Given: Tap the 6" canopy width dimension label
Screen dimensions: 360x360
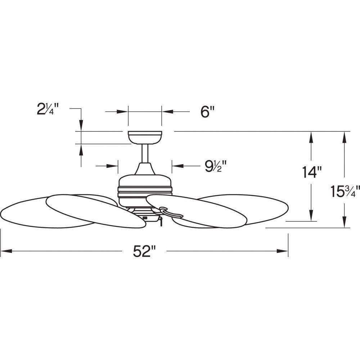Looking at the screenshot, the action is tap(207, 112).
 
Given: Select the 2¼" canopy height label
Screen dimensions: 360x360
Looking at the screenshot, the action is tap(48, 109).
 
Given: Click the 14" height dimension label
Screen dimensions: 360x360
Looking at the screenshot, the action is tap(311, 172).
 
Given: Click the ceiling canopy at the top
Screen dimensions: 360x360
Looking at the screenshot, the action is tap(145, 138).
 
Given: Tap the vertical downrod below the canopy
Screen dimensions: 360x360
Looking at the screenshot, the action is tap(145, 153).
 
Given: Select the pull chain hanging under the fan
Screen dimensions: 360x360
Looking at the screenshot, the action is tap(161, 221).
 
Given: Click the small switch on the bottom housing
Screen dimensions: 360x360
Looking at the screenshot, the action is tap(145, 218).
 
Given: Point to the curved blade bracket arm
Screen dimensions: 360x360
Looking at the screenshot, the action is tap(171, 212).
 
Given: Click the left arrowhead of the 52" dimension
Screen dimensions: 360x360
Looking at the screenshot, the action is tap(6, 251).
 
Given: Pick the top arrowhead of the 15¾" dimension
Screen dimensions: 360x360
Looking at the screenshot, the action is tap(344, 137).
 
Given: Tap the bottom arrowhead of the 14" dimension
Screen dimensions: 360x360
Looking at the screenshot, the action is tap(311, 216).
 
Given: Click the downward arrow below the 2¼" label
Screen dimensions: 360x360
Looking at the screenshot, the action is tap(81, 125).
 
